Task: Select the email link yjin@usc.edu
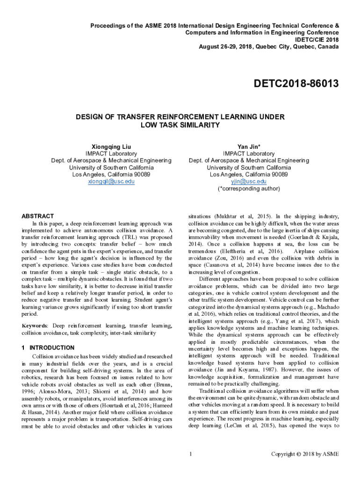[x=249, y=181]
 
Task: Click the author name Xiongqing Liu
[x=111, y=146]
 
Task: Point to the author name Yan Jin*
[x=249, y=146]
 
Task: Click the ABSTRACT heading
[x=38, y=216]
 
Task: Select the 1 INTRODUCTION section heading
[x=48, y=348]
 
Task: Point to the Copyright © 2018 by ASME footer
[x=305, y=454]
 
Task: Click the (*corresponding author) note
[x=249, y=189]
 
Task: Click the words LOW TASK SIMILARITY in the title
[x=180, y=125]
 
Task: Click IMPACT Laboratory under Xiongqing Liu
[x=111, y=153]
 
